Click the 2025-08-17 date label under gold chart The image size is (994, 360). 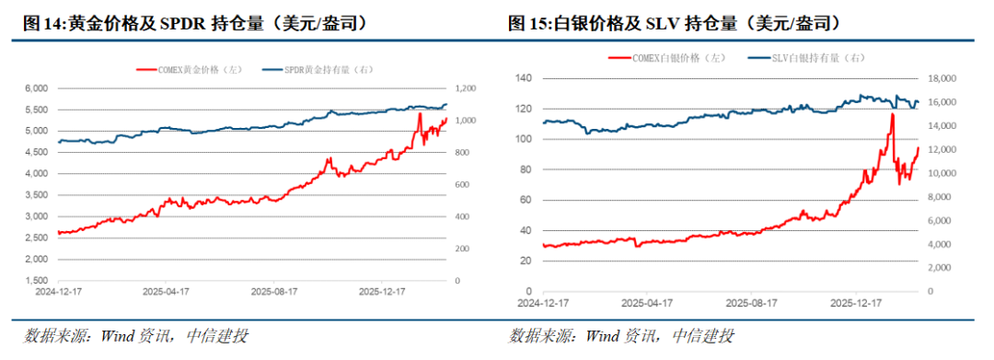pos(275,291)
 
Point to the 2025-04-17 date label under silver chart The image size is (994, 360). pos(647,301)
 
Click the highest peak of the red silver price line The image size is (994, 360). pos(891,114)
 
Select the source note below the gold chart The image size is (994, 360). pos(135,336)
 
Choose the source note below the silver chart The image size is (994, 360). pos(621,336)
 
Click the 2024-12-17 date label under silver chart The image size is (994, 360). pos(542,301)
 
